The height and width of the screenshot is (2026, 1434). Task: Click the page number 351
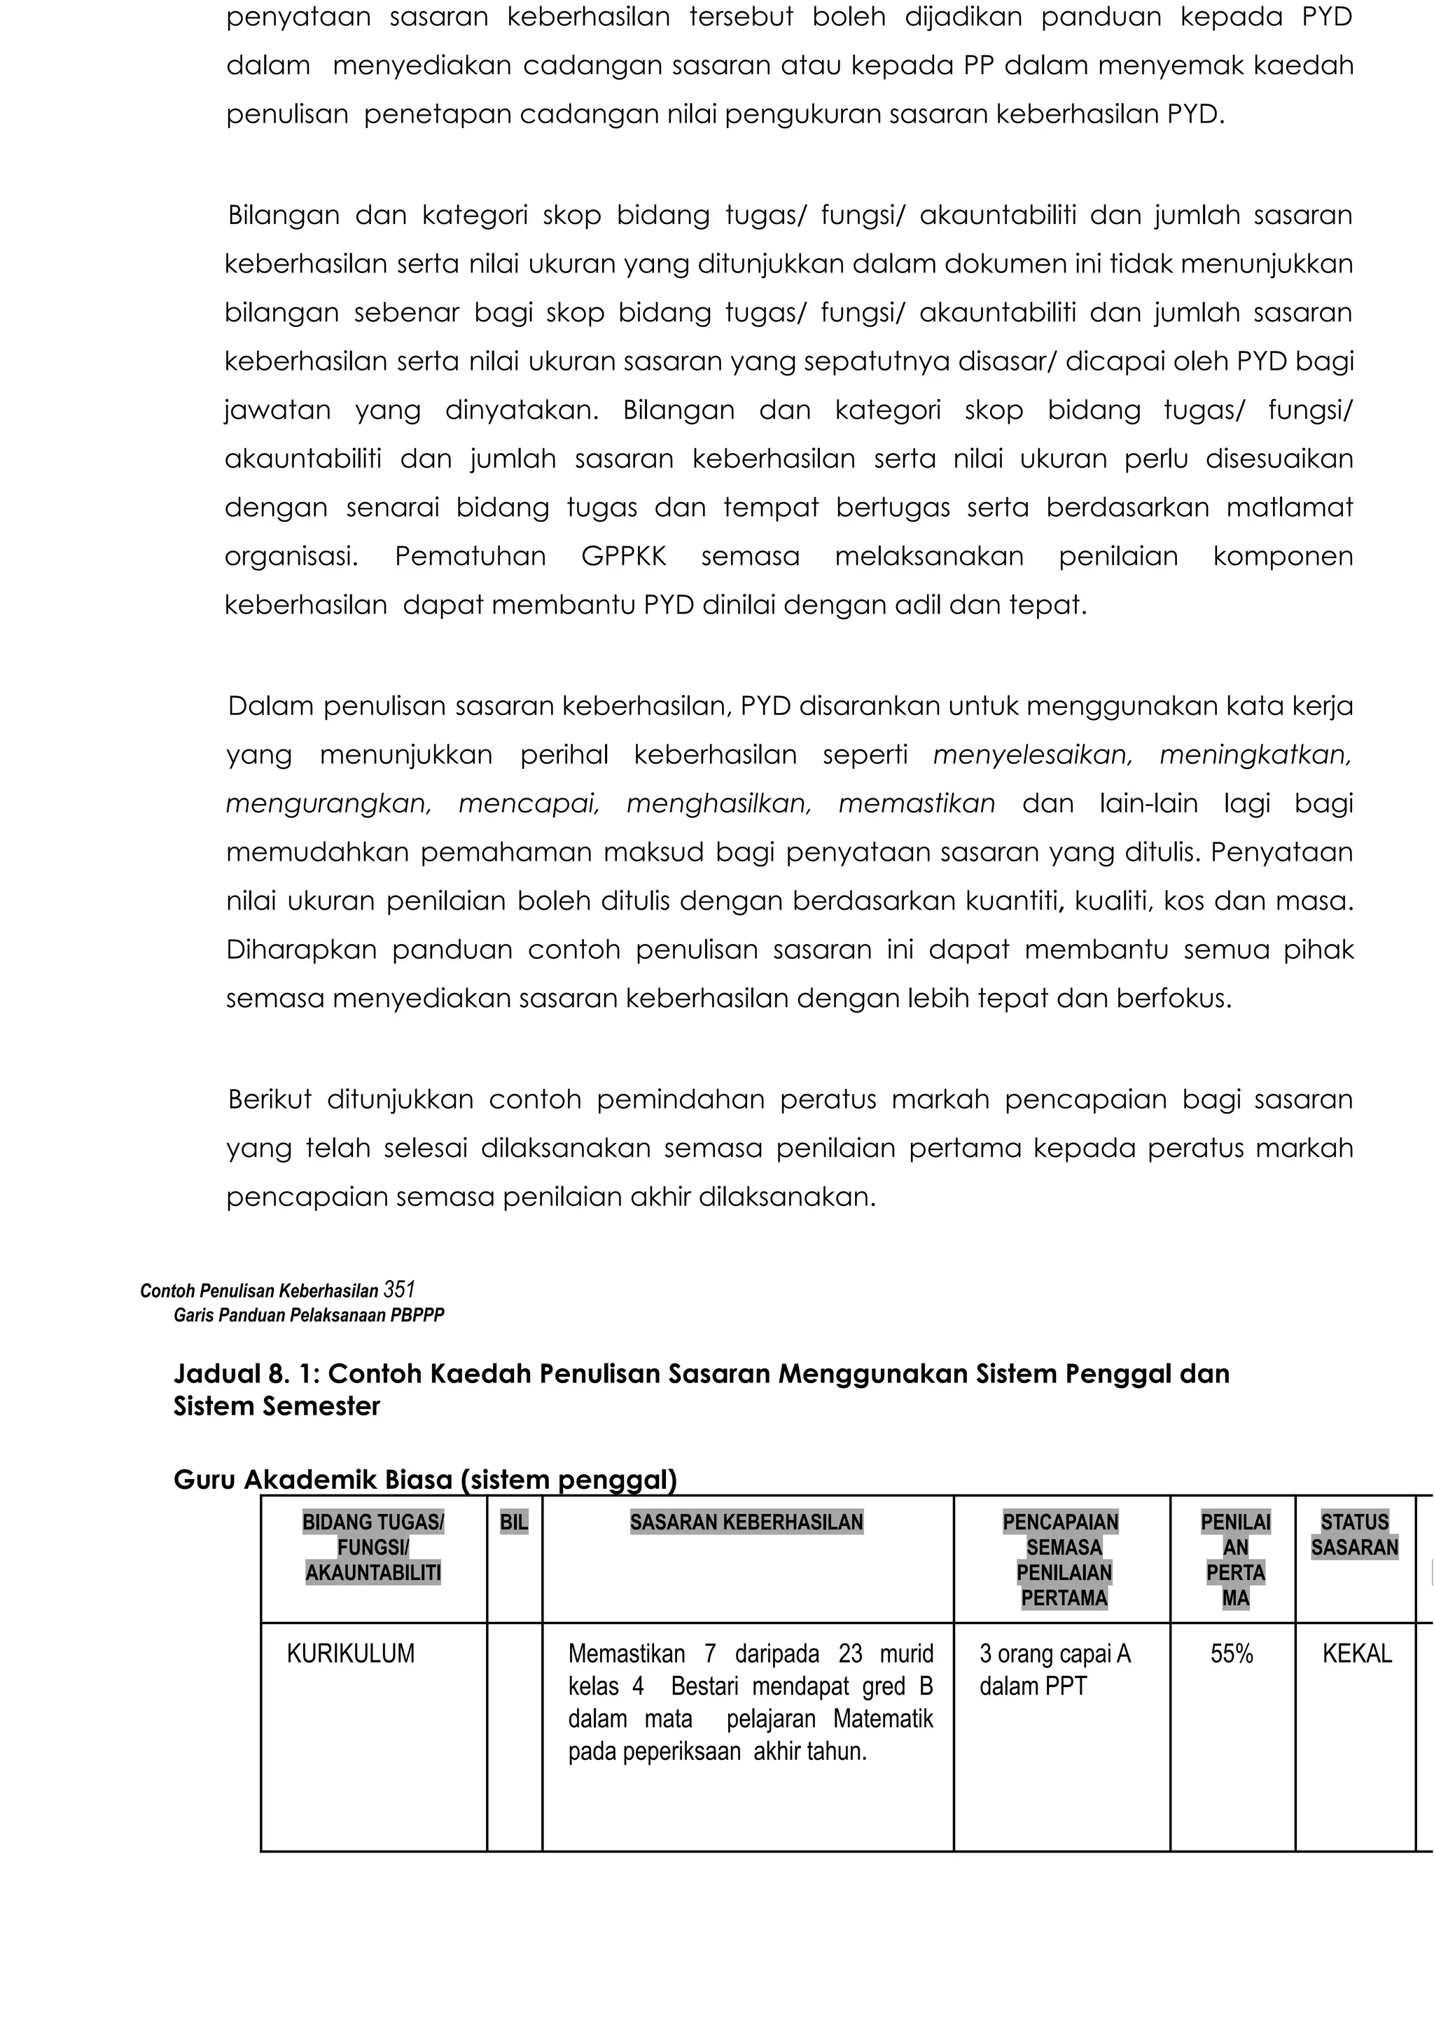click(x=399, y=1289)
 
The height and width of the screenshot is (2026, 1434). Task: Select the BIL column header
click(x=513, y=1522)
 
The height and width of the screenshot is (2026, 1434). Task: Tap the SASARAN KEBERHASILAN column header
click(x=746, y=1522)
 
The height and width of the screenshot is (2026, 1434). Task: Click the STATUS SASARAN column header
click(x=1355, y=1534)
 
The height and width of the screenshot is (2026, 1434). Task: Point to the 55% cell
click(x=1232, y=1653)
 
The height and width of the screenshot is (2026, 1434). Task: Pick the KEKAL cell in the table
click(x=1356, y=1653)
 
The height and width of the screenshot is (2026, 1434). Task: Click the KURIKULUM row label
click(x=351, y=1653)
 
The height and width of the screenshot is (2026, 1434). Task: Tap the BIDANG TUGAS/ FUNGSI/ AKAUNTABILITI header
click(x=373, y=1546)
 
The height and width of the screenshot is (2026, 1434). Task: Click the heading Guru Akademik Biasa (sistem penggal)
click(x=425, y=1479)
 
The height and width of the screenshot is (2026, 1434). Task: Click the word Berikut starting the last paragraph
click(x=270, y=1099)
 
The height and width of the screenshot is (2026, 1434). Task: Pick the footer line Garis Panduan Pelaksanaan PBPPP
click(x=308, y=1315)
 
